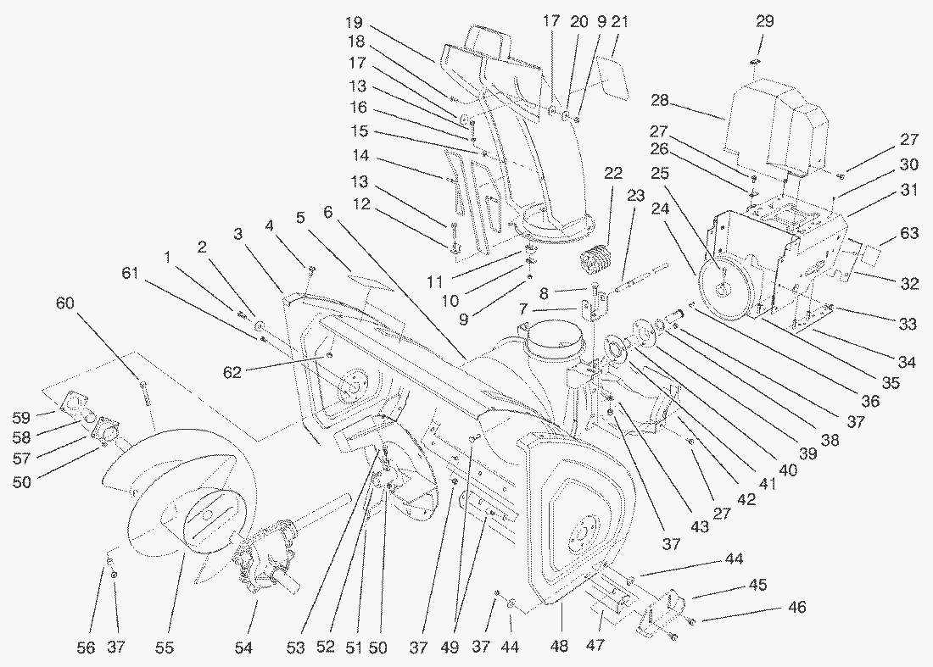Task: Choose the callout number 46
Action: pos(796,608)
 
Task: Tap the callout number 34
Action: pos(908,364)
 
